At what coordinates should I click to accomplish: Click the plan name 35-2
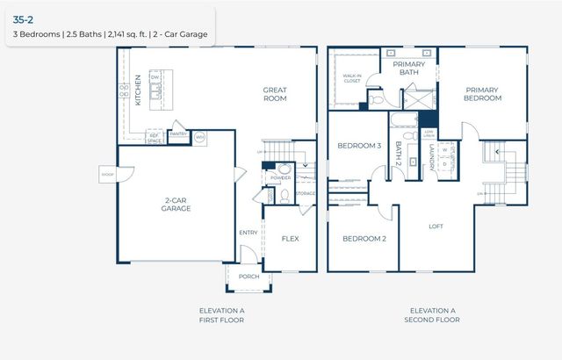23,16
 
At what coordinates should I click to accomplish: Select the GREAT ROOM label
275,94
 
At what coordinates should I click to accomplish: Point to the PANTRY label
178,134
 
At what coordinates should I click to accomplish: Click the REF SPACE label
155,138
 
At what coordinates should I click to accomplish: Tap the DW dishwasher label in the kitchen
155,77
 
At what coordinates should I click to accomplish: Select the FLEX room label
291,238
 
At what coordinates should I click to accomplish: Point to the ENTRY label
249,233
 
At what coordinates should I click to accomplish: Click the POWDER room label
280,178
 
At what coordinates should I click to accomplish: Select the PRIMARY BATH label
408,69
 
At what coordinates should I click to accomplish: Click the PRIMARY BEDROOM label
483,94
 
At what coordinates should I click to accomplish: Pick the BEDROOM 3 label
360,147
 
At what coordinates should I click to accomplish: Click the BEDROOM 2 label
364,238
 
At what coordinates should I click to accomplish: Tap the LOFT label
436,226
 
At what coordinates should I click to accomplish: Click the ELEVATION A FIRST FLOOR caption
222,315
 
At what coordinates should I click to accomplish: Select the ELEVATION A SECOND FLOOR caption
433,315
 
